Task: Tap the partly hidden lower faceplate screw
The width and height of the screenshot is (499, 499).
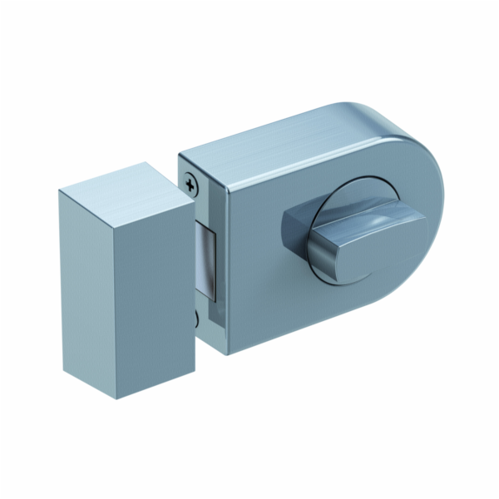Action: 196,317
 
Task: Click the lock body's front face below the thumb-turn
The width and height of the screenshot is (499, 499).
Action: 299,308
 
